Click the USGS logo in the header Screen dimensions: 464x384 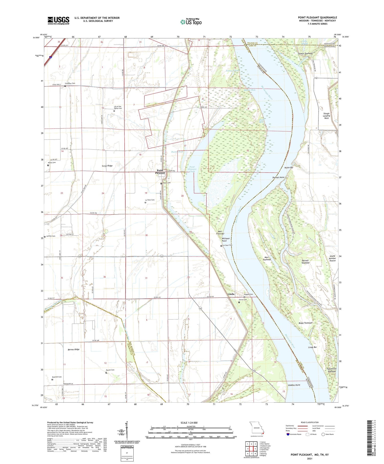58,20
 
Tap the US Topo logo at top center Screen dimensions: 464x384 191,22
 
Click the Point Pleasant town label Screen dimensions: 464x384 160,172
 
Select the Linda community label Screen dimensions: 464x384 231,294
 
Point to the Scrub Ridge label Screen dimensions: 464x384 107,166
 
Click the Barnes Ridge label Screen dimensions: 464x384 73,349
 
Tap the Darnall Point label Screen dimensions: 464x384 278,177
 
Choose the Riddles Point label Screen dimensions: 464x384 294,385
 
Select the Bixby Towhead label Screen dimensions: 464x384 305,323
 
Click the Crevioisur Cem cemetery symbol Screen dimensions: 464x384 65,86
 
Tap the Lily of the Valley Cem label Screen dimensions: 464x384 118,107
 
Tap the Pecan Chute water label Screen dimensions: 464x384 177,152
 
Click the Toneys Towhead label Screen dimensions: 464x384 305,53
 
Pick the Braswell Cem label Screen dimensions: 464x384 57,377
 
